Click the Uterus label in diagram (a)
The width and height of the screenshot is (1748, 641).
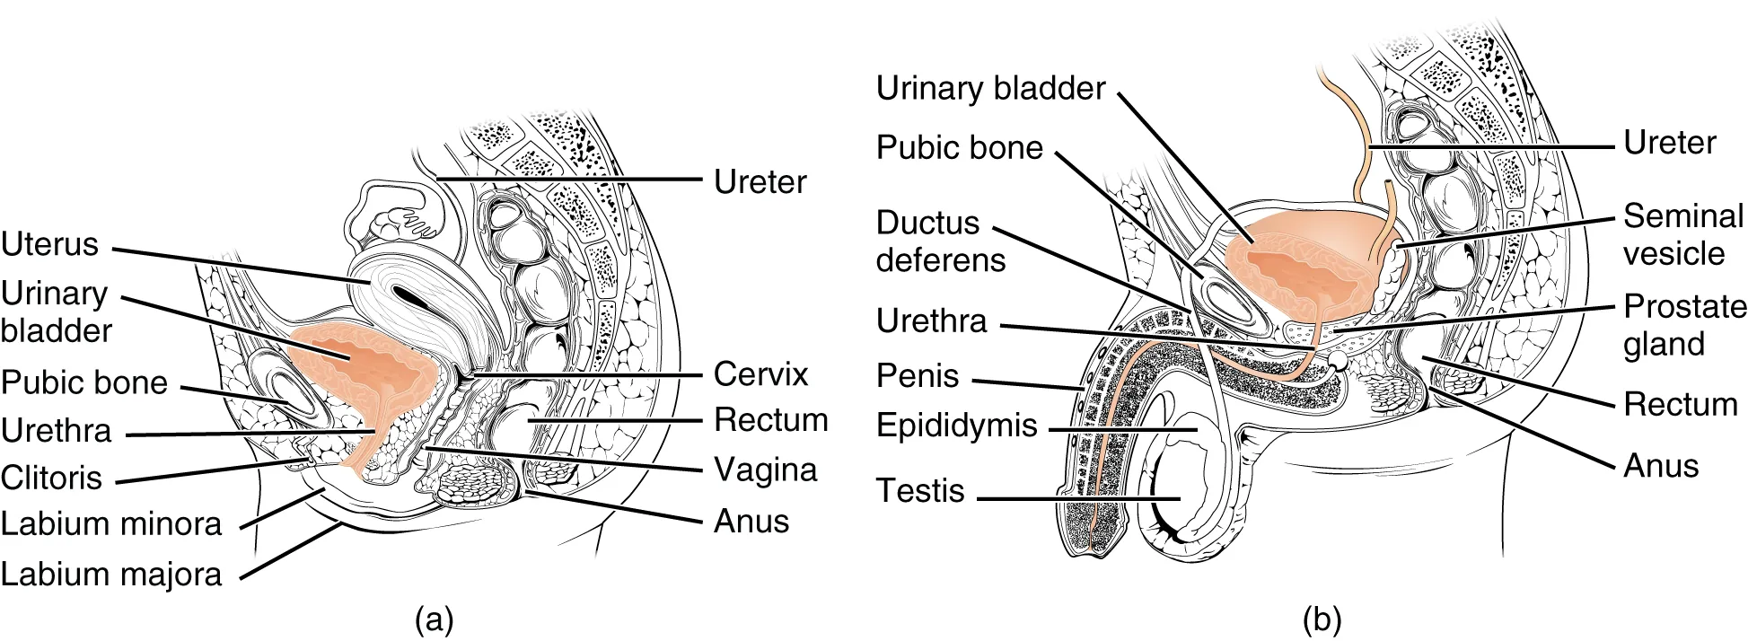49,244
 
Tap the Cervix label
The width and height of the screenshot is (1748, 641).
760,373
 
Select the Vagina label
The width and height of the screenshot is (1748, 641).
765,470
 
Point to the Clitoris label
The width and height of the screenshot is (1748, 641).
51,478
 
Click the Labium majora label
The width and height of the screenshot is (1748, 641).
110,574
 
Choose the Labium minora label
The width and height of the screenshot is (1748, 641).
110,523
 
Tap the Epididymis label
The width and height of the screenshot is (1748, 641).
956,425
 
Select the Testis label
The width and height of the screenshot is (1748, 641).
920,490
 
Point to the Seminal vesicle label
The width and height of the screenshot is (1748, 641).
1682,234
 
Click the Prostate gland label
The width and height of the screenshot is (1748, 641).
1683,325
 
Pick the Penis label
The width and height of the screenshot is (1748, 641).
918,375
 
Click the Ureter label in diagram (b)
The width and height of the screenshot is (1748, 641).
1669,142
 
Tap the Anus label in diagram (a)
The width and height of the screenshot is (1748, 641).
751,521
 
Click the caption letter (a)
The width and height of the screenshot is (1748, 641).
435,619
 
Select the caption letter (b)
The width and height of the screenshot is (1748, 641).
1322,619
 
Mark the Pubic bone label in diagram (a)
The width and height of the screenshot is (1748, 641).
84,382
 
